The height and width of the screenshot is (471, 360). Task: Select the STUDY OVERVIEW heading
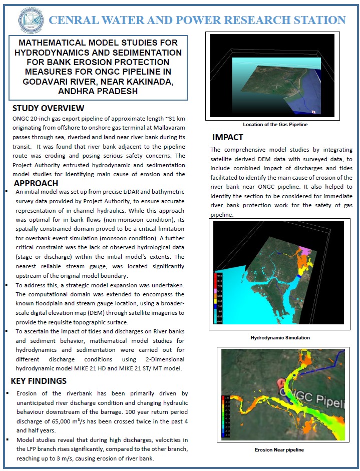pyautogui.click(x=48, y=109)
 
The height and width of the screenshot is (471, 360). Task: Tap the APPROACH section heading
pyautogui.click(x=39, y=183)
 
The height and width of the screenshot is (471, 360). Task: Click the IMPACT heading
pyautogui.click(x=227, y=137)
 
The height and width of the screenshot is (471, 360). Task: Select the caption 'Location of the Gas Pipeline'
pyautogui.click(x=275, y=125)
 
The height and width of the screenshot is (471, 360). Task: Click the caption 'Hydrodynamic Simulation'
pyautogui.click(x=280, y=338)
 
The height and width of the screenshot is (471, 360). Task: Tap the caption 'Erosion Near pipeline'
pyautogui.click(x=279, y=450)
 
